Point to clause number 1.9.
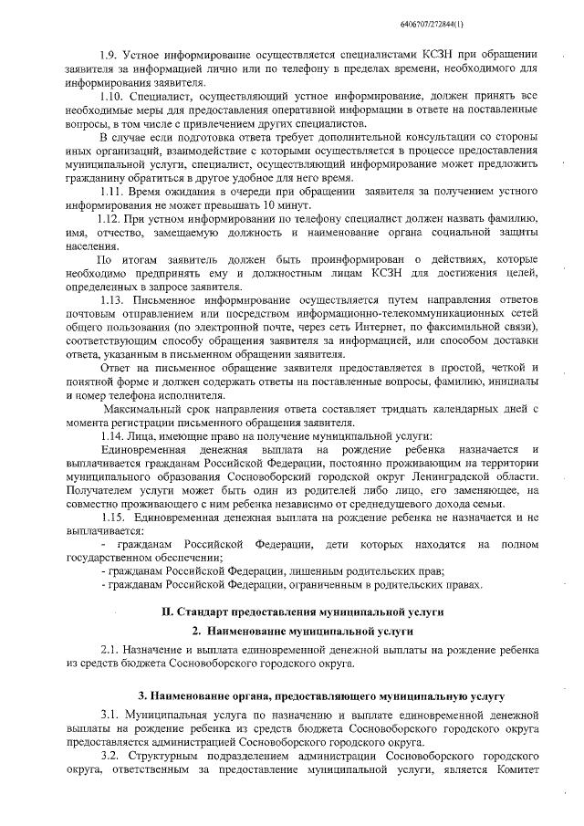(109, 55)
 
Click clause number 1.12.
(109, 220)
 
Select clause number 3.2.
(110, 758)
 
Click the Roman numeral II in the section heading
(167, 610)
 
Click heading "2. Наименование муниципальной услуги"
(301, 630)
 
